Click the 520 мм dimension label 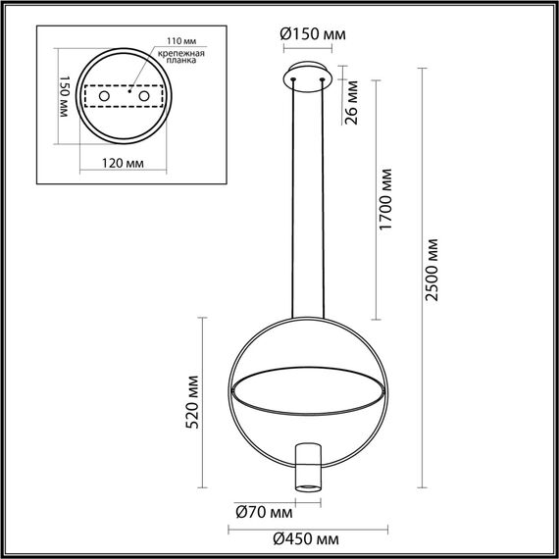[x=193, y=402]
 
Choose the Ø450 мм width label [x=307, y=539]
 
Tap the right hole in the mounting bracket [x=144, y=97]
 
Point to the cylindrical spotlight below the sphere [x=308, y=467]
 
